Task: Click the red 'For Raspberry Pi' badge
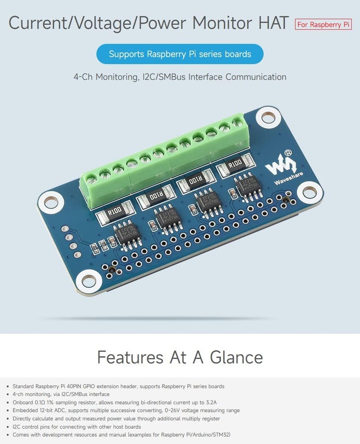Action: tap(323, 24)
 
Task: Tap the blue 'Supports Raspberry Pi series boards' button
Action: tap(180, 54)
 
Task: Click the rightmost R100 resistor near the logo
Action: tap(234, 165)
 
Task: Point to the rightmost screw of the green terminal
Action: tap(236, 121)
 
